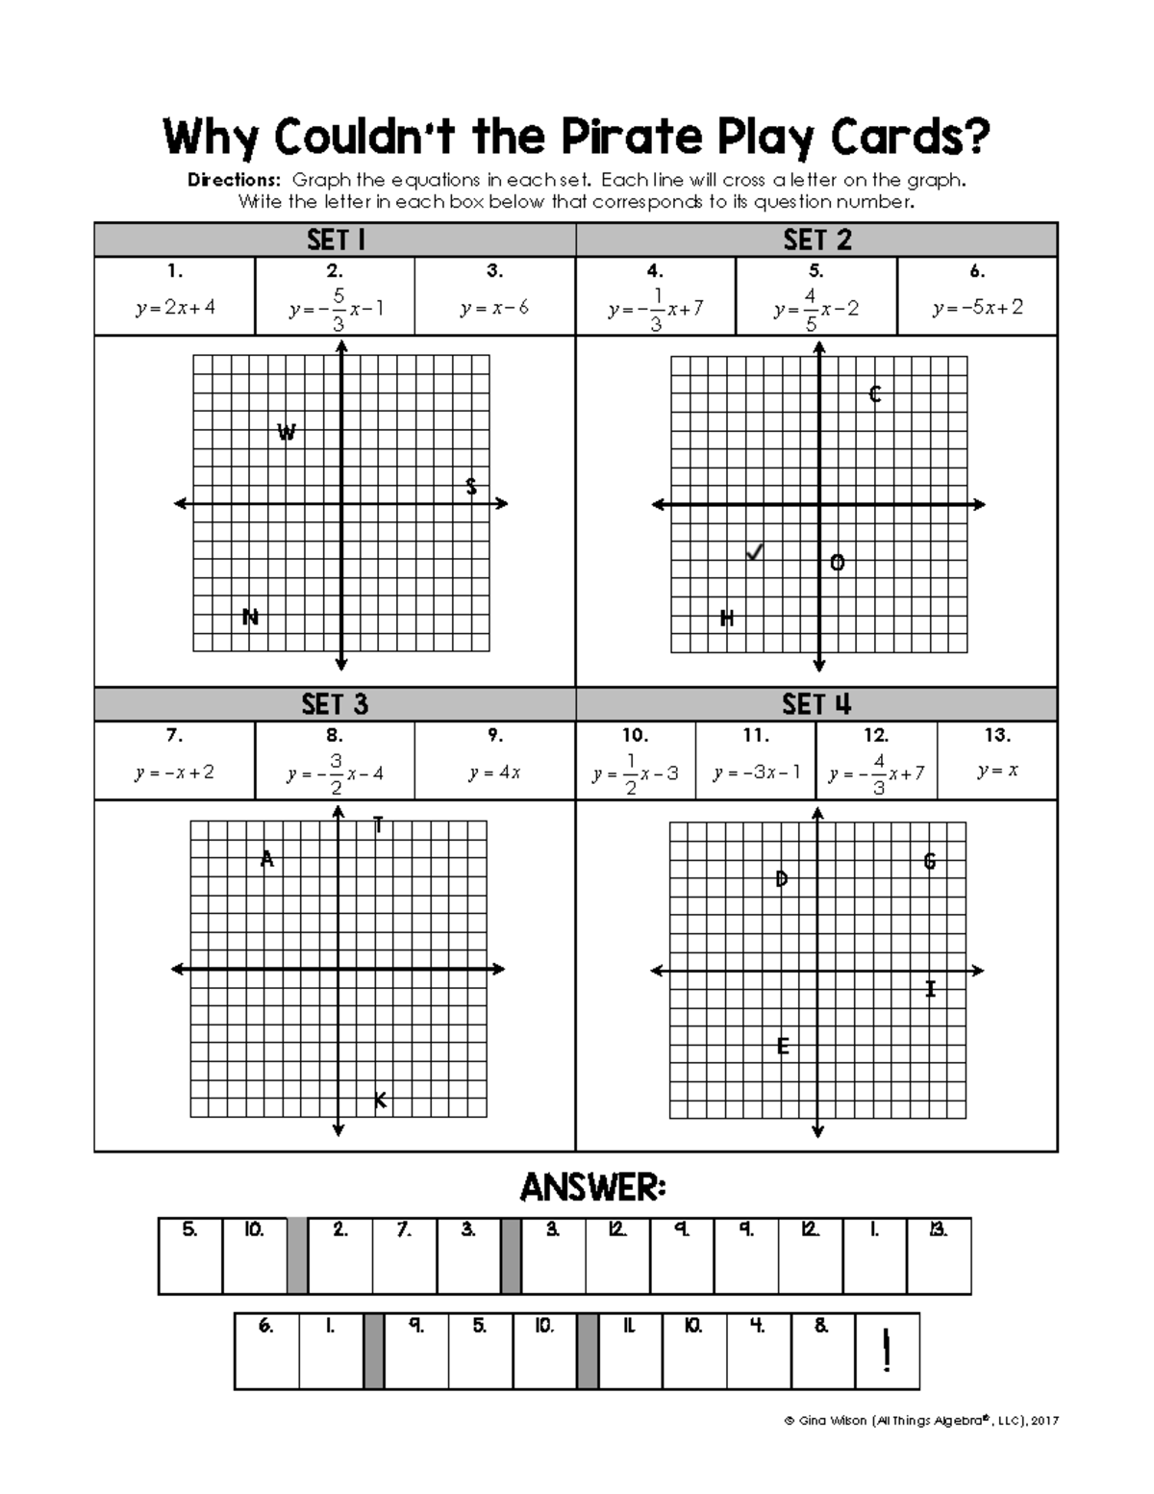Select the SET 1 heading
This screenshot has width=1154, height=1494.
pyautogui.click(x=335, y=240)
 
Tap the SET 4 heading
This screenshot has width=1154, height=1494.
pyautogui.click(x=816, y=704)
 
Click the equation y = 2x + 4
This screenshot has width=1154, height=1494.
pyautogui.click(x=175, y=308)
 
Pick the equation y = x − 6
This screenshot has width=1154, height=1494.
pyautogui.click(x=494, y=308)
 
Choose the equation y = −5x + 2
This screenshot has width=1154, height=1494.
pyautogui.click(x=977, y=308)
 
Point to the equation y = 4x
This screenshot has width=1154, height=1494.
pyautogui.click(x=494, y=772)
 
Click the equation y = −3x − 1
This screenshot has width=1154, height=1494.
pyautogui.click(x=756, y=772)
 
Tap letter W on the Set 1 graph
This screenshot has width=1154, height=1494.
pyautogui.click(x=287, y=433)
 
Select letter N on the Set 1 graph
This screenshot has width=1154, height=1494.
pyautogui.click(x=251, y=617)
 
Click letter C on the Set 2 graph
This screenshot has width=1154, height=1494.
pyautogui.click(x=875, y=394)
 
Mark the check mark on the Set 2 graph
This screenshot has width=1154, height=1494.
pyautogui.click(x=755, y=552)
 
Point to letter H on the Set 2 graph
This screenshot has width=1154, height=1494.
pyautogui.click(x=727, y=619)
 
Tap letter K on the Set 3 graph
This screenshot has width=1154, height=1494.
pyautogui.click(x=380, y=1100)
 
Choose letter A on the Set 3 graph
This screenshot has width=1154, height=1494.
pyautogui.click(x=267, y=859)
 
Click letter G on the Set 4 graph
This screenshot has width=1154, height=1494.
pyautogui.click(x=929, y=861)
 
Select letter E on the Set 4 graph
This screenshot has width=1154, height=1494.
pyautogui.click(x=783, y=1046)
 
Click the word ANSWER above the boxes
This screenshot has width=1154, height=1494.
pyautogui.click(x=592, y=1188)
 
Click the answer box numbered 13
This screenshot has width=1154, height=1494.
pyautogui.click(x=939, y=1255)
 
